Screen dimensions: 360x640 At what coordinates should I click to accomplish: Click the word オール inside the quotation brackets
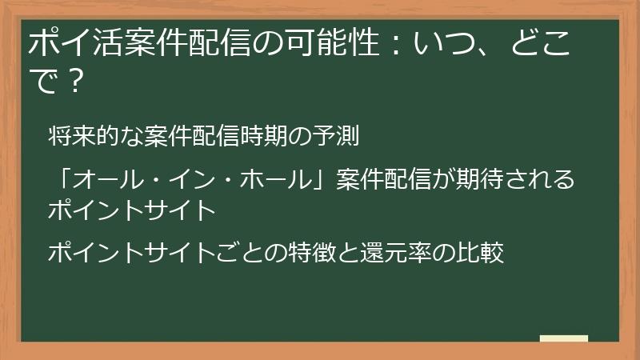tap(106, 180)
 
